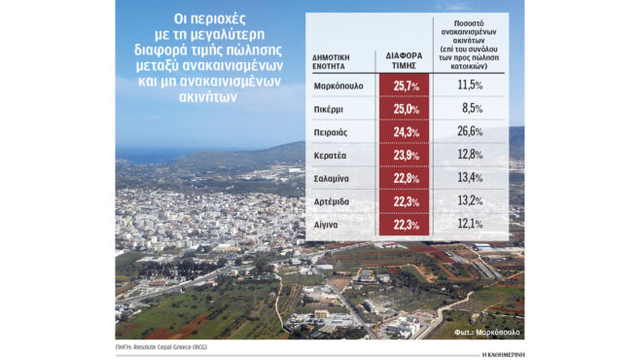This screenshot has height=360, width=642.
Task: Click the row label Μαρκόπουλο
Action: click(339, 86)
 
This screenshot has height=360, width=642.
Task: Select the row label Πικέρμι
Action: click(332, 109)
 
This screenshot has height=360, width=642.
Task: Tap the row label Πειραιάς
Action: click(334, 132)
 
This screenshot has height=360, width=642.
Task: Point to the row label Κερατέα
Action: click(334, 156)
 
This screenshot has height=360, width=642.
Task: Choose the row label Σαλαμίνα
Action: click(337, 179)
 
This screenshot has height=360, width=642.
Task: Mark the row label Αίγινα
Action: click(330, 226)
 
